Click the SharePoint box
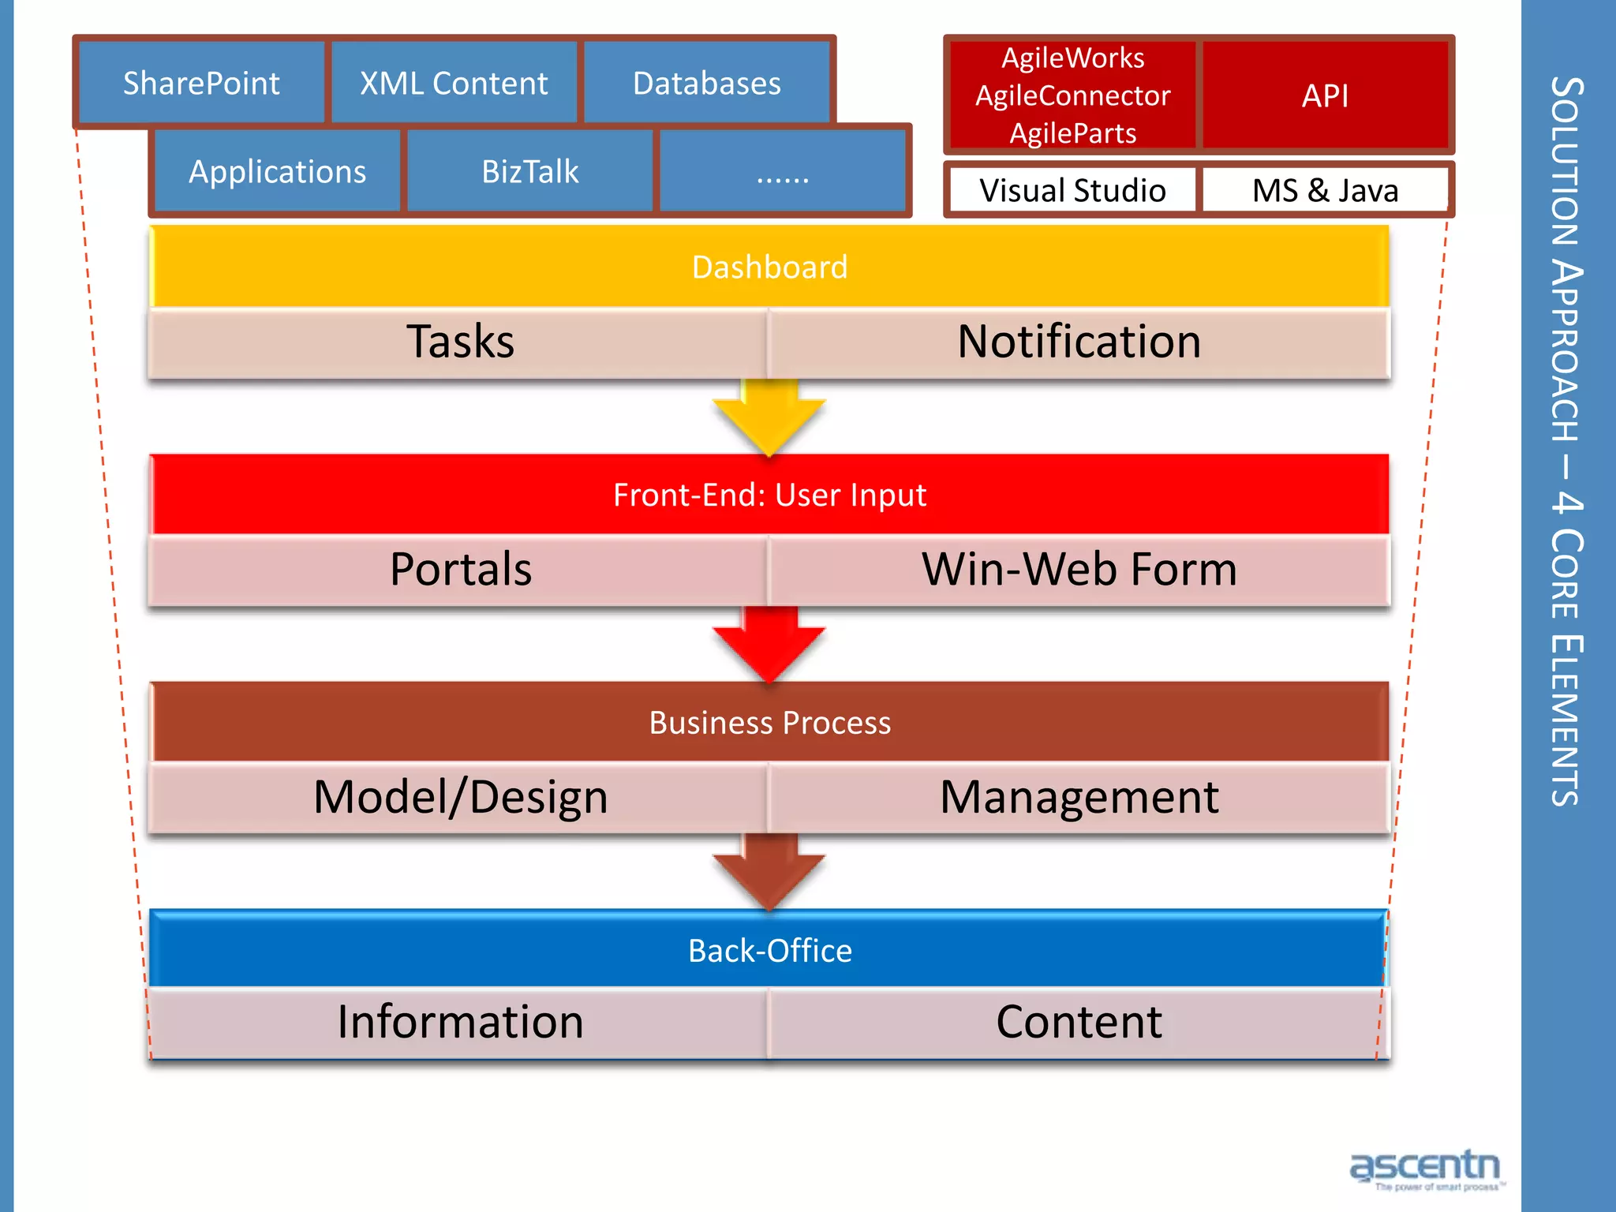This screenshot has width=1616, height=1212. click(201, 83)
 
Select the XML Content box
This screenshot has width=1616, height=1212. click(454, 83)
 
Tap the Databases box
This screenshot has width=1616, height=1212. click(706, 83)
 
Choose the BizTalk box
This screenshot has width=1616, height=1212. click(529, 171)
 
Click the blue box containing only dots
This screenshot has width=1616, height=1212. click(782, 171)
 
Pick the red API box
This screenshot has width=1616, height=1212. click(1325, 95)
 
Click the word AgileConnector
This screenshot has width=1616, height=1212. click(1072, 95)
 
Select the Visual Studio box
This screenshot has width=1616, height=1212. click(1072, 190)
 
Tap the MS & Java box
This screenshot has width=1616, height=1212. click(1325, 190)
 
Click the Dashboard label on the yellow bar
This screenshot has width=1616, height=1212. click(769, 267)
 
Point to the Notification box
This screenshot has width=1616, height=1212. click(1079, 342)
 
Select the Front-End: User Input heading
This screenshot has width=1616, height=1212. click(769, 495)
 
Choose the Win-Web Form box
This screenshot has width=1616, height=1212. click(1079, 570)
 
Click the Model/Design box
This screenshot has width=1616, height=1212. click(460, 797)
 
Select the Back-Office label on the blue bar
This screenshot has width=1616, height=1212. click(769, 950)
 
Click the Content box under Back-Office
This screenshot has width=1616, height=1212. click(1079, 1023)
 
